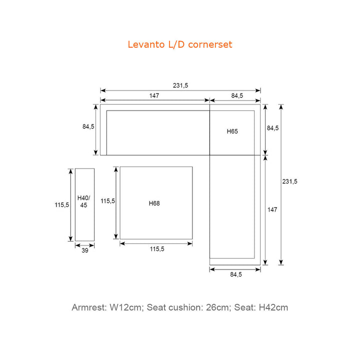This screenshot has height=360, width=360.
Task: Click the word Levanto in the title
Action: click(146, 44)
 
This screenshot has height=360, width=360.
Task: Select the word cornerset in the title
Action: click(210, 44)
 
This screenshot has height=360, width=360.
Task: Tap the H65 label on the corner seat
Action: click(232, 131)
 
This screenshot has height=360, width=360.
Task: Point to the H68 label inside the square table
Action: click(154, 203)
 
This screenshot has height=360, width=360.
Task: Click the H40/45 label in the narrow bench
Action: click(83, 201)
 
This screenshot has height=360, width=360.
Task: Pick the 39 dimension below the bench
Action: click(84, 250)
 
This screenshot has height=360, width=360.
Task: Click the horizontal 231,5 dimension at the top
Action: click(180, 85)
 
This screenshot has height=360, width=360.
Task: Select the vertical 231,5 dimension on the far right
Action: click(289, 181)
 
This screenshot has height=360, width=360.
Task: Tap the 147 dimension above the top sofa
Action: click(154, 95)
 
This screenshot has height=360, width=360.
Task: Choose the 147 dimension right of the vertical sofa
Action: click(272, 209)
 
